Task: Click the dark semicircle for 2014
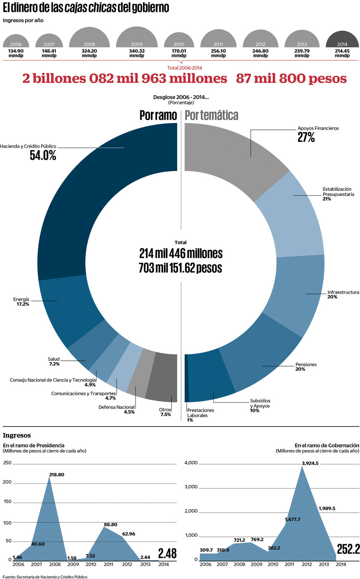(342, 39)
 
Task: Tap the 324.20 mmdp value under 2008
(89, 53)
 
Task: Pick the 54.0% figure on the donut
(43, 155)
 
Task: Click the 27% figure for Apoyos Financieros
(306, 137)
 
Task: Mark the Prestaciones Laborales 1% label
(200, 415)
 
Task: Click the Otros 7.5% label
(165, 412)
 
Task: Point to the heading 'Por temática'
(212, 115)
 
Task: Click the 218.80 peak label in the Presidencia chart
(57, 474)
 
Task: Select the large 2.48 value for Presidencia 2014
(167, 553)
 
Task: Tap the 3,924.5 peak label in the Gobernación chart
(310, 463)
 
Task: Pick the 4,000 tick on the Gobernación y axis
(191, 463)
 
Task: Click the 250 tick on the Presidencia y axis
(7, 463)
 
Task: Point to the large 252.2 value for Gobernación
(348, 549)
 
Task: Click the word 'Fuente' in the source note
(9, 577)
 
